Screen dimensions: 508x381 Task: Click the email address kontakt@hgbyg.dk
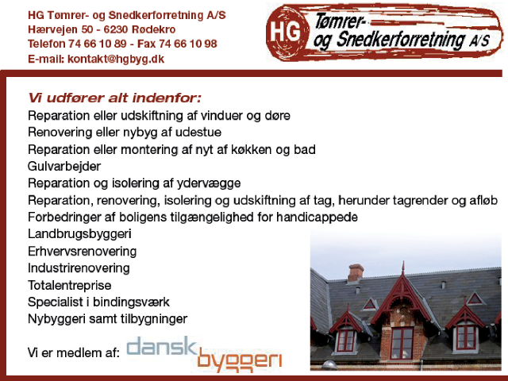pos(116,59)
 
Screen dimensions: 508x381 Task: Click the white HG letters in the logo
pos(285,32)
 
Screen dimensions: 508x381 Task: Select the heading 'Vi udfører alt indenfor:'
pos(114,98)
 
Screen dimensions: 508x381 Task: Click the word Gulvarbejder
pos(64,166)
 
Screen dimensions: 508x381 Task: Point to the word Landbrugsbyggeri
pos(79,234)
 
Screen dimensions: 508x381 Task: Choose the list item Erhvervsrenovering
pos(82,251)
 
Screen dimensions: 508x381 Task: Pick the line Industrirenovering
pos(79,268)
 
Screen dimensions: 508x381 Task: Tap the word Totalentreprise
pos(69,285)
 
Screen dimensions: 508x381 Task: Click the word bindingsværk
pos(131,302)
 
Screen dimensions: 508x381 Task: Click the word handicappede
pos(317,217)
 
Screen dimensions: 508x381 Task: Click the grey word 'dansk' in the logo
pos(162,346)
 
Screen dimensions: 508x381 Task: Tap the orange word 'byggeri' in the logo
pos(240,360)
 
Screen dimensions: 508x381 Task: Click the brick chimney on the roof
pos(356,272)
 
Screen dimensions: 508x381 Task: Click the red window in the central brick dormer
pos(402,344)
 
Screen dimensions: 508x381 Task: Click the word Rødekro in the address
pos(153,29)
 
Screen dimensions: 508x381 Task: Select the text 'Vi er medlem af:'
pos(74,352)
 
